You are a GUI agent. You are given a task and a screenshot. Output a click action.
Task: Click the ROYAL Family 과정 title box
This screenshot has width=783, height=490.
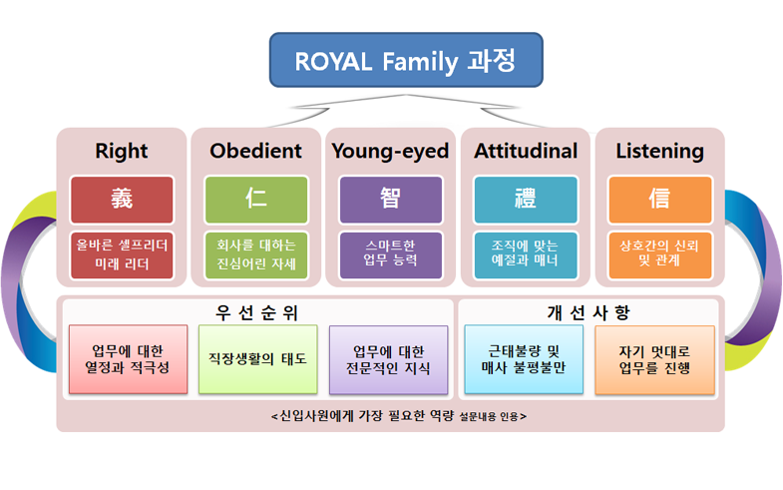406,60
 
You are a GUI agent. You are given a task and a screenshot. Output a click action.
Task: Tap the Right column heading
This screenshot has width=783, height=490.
122,151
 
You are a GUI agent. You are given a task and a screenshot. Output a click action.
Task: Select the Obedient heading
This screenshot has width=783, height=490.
255,151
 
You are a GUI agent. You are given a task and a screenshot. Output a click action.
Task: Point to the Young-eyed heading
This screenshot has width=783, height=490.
390,151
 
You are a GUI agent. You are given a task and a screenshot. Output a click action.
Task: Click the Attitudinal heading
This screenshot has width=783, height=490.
526,151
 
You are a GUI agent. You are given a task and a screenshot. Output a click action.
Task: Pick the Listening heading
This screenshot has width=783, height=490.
659,151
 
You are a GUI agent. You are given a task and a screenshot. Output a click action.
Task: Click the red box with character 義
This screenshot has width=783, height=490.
122,200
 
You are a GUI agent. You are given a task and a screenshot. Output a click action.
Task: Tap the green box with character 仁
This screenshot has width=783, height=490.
256,200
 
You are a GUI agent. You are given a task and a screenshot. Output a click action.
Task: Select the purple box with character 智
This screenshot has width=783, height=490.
391,200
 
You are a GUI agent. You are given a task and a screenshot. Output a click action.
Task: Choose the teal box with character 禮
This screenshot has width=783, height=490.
526,200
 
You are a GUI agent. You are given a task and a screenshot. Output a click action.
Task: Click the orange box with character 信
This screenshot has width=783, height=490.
659,200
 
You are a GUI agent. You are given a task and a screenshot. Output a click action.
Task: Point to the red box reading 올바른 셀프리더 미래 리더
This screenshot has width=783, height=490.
122,254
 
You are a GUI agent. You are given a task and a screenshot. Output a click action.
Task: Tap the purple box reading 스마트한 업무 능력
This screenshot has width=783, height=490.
391,254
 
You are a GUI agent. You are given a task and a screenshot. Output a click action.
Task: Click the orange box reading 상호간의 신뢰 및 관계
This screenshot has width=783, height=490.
659,254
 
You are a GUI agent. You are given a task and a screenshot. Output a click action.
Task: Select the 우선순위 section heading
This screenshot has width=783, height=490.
256,312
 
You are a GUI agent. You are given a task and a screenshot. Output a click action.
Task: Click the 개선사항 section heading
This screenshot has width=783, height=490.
588,312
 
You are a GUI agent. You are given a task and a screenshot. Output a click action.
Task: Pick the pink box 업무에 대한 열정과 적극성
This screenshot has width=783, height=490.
129,359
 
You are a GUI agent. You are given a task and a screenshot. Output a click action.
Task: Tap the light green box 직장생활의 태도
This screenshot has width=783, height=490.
257,359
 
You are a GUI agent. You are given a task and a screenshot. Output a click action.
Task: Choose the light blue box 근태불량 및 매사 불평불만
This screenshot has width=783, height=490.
524,359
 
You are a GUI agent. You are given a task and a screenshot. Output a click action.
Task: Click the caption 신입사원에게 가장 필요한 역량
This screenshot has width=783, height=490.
366,415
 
